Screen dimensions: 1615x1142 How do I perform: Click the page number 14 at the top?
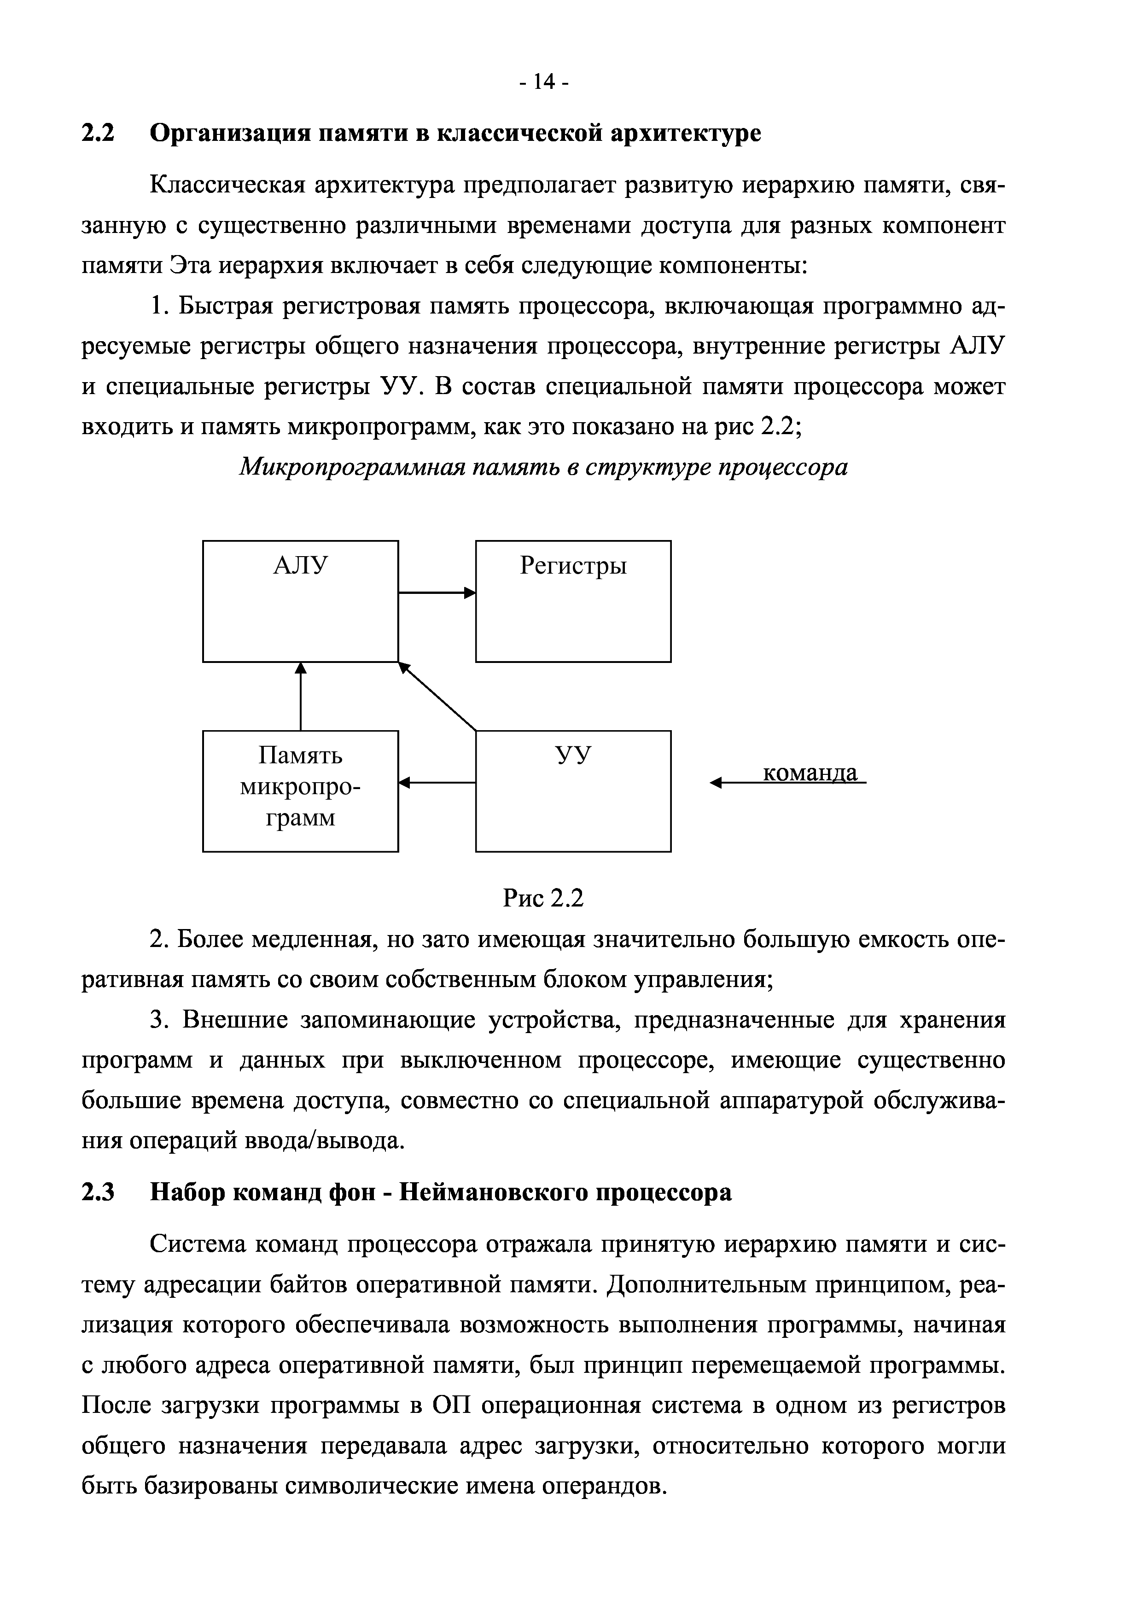[544, 83]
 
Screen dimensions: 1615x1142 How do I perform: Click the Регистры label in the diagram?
[573, 565]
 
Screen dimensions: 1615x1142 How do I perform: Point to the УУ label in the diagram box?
[573, 755]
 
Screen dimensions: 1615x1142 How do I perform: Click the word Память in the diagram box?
[300, 755]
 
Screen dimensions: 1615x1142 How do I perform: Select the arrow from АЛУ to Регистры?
[436, 593]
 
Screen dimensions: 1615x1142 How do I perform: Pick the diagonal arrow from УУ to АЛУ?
[437, 697]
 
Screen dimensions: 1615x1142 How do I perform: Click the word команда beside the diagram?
[810, 773]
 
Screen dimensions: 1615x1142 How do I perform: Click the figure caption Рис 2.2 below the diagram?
[543, 898]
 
